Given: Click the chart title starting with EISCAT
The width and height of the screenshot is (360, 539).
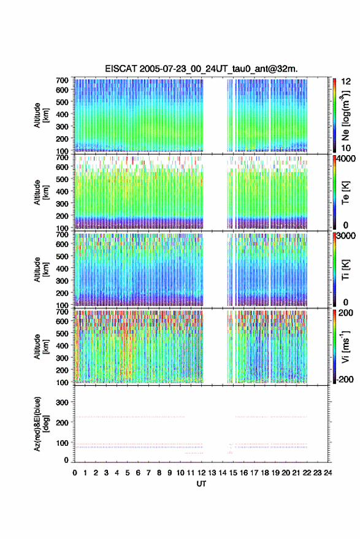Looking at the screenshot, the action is (x=201, y=69).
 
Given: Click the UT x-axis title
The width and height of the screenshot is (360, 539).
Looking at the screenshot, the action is (x=201, y=484).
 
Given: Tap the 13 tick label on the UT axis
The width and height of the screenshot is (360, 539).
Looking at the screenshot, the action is (x=212, y=473).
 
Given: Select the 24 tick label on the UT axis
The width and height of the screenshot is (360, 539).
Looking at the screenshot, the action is (x=327, y=473).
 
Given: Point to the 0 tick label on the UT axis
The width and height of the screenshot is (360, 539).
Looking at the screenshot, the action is (x=75, y=473).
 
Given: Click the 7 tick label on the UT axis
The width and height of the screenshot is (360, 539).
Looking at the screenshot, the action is (x=148, y=473).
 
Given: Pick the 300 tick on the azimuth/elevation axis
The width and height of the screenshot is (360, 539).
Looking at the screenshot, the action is (x=62, y=402).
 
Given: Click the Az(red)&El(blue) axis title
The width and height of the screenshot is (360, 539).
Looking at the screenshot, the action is (x=41, y=424).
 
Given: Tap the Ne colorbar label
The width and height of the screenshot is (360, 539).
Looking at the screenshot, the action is (x=345, y=115).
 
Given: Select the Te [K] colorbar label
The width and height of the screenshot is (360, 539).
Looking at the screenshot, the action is (x=345, y=193).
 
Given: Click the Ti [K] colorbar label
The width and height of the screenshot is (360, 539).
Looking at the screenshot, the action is (x=345, y=270).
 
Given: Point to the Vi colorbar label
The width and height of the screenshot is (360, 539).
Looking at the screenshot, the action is (x=345, y=347).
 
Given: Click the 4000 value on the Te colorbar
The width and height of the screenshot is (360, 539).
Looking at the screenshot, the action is (x=347, y=159).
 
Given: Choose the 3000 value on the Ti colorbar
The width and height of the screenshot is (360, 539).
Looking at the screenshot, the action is (x=347, y=236).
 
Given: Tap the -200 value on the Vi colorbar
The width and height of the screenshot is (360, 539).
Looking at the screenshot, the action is (x=345, y=379).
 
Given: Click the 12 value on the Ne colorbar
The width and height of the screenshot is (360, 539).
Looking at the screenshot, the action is (x=347, y=82).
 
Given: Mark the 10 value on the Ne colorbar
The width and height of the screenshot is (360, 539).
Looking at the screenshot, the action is (x=347, y=148).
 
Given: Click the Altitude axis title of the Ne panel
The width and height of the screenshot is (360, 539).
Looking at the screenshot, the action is (x=41, y=115).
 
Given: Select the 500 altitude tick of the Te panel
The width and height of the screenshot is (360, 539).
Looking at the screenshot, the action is (x=62, y=179).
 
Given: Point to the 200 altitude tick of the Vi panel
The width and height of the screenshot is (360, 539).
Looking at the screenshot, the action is (x=62, y=370).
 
